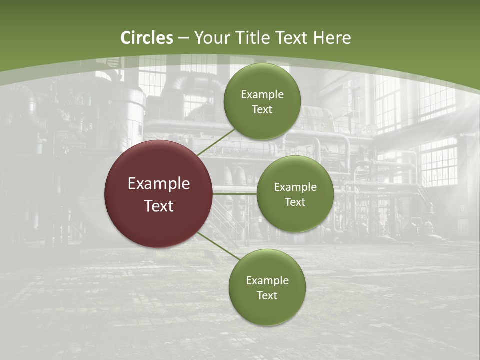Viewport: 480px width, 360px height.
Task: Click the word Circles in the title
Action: tap(147, 38)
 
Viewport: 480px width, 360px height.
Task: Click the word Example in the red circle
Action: tap(159, 184)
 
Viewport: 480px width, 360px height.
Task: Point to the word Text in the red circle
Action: tap(159, 206)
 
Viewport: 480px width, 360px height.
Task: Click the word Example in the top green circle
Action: tap(262, 95)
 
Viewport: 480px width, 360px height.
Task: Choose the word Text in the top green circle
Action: tap(262, 110)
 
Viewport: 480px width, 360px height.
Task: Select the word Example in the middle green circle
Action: tap(295, 187)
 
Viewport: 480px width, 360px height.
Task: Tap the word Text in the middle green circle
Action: tap(295, 202)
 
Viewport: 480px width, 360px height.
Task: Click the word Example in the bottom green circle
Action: tap(267, 281)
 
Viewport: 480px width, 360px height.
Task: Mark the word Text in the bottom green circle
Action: tap(267, 296)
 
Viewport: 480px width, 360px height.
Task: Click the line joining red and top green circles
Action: tap(216, 142)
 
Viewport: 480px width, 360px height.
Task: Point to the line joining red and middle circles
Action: tap(235, 193)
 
